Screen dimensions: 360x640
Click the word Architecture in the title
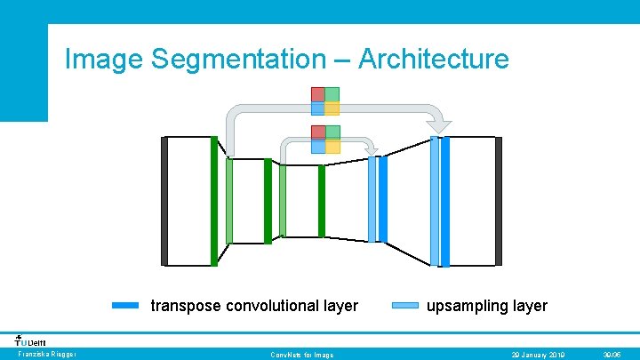pyautogui.click(x=433, y=60)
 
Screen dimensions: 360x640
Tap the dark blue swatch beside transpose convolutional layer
pyautogui.click(x=126, y=306)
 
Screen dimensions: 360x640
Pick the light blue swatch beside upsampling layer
pyautogui.click(x=405, y=306)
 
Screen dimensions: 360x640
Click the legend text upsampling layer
pyautogui.click(x=487, y=306)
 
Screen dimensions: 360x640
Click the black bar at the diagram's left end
pyautogui.click(x=164, y=201)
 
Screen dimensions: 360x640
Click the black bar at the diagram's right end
pyautogui.click(x=499, y=201)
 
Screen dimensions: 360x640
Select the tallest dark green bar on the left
pyautogui.click(x=213, y=201)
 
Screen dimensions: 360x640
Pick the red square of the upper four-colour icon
pyautogui.click(x=317, y=94)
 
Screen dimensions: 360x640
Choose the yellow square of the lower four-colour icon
pyautogui.click(x=332, y=147)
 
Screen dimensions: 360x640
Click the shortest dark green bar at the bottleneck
pyautogui.click(x=322, y=201)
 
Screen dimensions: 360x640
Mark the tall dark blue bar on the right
pyautogui.click(x=445, y=201)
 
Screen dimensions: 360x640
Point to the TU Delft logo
pyautogui.click(x=30, y=340)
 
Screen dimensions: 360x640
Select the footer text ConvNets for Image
pyautogui.click(x=302, y=355)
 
